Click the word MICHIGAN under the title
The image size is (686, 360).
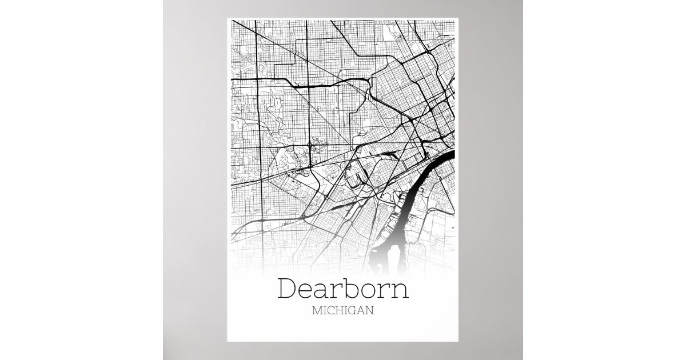pos(343,311)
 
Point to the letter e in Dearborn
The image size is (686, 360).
pos(309,291)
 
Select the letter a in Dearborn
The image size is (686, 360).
pos(326,291)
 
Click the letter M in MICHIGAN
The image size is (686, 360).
pos(317,311)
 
